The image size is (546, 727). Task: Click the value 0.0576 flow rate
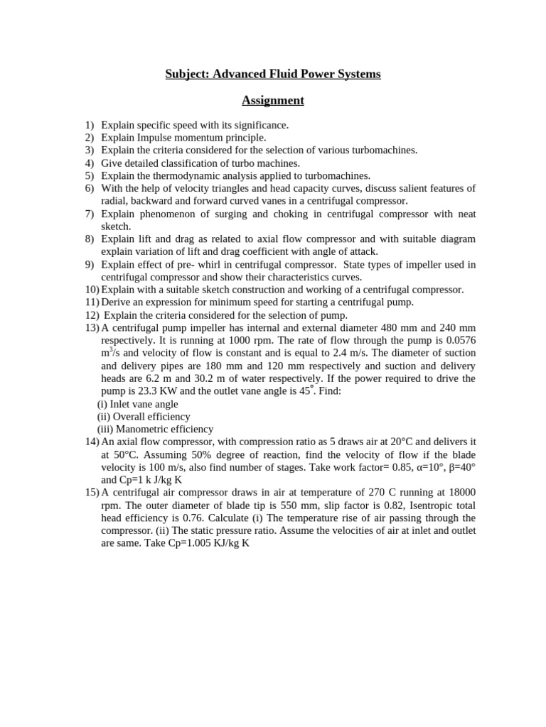point(459,340)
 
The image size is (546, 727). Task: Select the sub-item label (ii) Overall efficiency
point(144,417)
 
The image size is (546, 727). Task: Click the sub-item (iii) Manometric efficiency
point(155,430)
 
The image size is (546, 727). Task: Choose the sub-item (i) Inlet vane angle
point(138,404)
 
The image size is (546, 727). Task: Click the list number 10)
point(92,290)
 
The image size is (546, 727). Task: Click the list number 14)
point(92,442)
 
